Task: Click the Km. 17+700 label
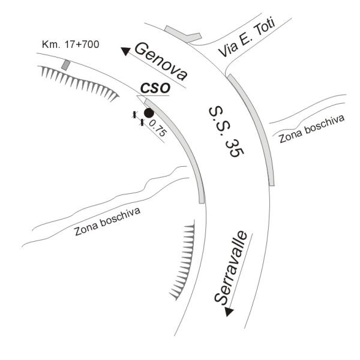pyautogui.click(x=70, y=44)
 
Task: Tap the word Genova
pyautogui.click(x=161, y=62)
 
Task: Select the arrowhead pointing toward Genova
pyautogui.click(x=125, y=51)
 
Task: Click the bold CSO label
pyautogui.click(x=155, y=88)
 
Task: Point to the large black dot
pyautogui.click(x=149, y=113)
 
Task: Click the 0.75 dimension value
pyautogui.click(x=157, y=129)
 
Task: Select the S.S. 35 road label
pyautogui.click(x=226, y=131)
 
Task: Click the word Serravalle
pyautogui.click(x=231, y=267)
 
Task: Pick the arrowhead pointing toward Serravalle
pyautogui.click(x=229, y=312)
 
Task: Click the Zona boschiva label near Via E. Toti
pyautogui.click(x=311, y=129)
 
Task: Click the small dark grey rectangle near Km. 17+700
pyautogui.click(x=65, y=65)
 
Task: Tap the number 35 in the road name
pyautogui.click(x=235, y=149)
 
